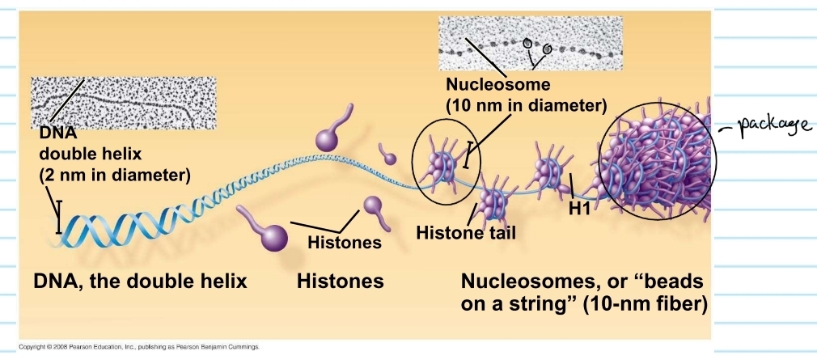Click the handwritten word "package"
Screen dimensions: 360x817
tap(768, 128)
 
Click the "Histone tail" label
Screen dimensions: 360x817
tap(465, 233)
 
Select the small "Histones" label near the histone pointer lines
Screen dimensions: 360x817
tap(345, 241)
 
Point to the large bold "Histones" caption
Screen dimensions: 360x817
tap(340, 282)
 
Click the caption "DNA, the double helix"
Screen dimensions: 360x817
tap(140, 282)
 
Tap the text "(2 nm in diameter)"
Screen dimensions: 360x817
tap(115, 174)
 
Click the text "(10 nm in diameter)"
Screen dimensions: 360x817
tap(526, 105)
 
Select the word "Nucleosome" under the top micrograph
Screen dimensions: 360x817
tap(497, 85)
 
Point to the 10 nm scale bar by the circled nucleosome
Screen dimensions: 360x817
tap(465, 155)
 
